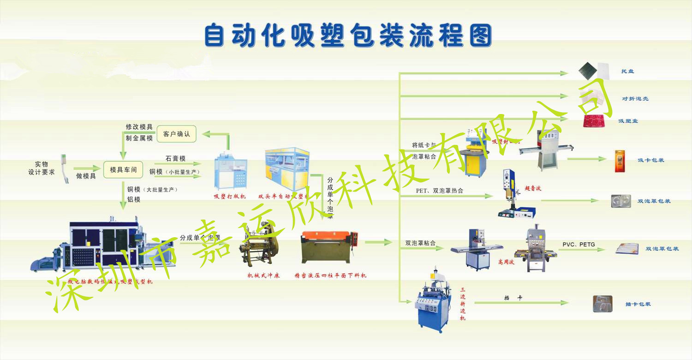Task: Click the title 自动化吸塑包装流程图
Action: [x=348, y=36]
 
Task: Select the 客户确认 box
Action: [x=176, y=134]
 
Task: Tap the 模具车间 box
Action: [x=123, y=170]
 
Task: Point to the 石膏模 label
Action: [x=175, y=158]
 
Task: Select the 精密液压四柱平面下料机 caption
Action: [x=330, y=276]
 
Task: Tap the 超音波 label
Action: [x=533, y=188]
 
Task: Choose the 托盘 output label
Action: [x=627, y=72]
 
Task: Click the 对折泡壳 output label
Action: [x=635, y=99]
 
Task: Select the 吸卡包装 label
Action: [x=651, y=160]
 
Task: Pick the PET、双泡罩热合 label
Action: [x=439, y=191]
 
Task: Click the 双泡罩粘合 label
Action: [x=420, y=243]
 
